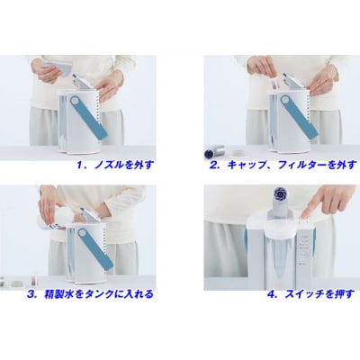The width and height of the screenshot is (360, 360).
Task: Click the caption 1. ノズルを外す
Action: [115, 166]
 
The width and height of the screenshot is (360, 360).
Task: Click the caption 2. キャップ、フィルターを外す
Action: [283, 166]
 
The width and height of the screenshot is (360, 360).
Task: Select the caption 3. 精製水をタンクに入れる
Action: [90, 294]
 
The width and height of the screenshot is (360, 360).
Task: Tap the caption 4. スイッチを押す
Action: [310, 294]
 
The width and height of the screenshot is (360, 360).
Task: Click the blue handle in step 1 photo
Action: [89, 118]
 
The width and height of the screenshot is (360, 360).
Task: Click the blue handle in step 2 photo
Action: [299, 117]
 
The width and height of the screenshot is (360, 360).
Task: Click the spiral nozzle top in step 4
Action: [280, 194]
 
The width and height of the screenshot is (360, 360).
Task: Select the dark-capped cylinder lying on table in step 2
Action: [214, 151]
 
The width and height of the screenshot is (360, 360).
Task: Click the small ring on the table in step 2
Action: [239, 152]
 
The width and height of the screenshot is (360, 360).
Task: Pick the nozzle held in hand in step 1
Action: [58, 67]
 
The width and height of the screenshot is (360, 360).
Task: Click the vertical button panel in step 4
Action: [303, 250]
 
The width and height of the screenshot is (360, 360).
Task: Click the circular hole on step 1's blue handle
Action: [75, 100]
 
